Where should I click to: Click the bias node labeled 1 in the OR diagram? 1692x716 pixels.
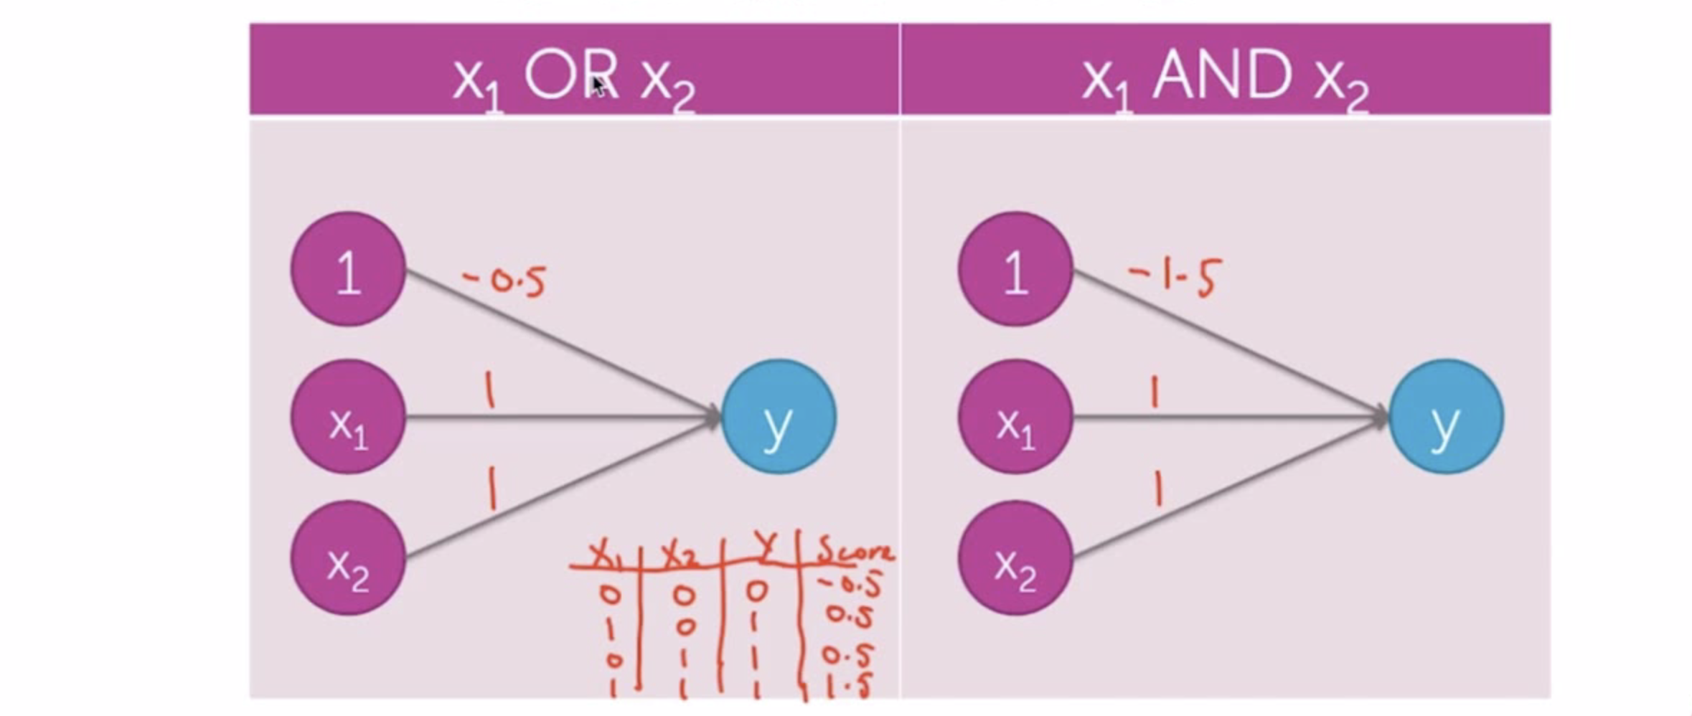coord(348,270)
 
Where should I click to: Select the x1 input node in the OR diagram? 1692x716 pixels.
coord(348,417)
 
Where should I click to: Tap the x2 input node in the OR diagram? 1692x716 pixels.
coord(348,558)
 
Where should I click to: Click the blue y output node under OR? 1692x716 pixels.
coord(779,417)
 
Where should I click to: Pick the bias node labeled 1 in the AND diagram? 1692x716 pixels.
coord(1015,270)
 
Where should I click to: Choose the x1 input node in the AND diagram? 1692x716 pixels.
coord(1015,417)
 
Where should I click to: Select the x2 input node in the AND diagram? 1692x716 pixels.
coord(1015,558)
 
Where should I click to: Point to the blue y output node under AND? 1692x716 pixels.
coord(1446,417)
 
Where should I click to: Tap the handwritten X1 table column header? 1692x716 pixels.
coord(604,555)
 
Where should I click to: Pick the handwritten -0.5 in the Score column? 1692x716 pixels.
coord(851,585)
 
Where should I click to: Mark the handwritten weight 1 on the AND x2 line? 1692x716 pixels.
coord(1157,489)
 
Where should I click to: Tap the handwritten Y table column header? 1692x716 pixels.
coord(766,550)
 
